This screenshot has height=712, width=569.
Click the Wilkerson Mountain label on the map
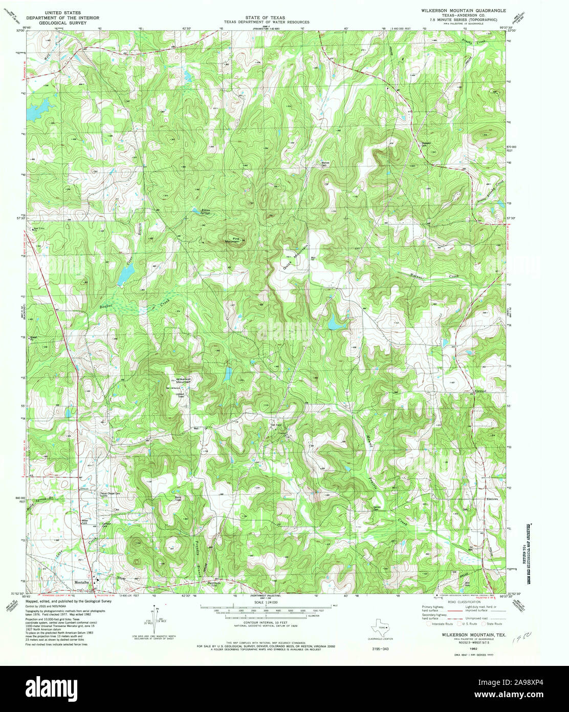tap(183, 380)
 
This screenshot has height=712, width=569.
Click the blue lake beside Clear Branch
tap(123, 277)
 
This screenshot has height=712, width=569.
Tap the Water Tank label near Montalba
tap(85, 522)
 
